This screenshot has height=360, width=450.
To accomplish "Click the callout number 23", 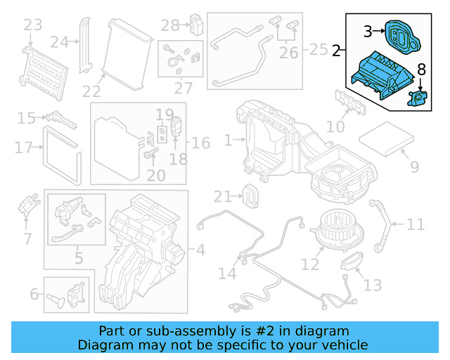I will coord(32,26).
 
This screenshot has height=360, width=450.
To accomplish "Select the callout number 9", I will coord(414,167).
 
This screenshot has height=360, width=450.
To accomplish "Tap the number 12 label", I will coord(310,264).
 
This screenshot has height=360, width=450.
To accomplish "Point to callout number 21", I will coord(222,196).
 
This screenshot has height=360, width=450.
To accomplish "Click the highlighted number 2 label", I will coord(337,51).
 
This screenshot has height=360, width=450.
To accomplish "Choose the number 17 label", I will coord(23,148).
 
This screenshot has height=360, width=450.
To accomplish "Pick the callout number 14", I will coord(227,273).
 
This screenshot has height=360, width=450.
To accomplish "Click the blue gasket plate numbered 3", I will coord(399,35).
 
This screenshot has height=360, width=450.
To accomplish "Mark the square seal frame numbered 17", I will coord(63,150).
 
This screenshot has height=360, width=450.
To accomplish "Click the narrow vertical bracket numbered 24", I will coord(86,42).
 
